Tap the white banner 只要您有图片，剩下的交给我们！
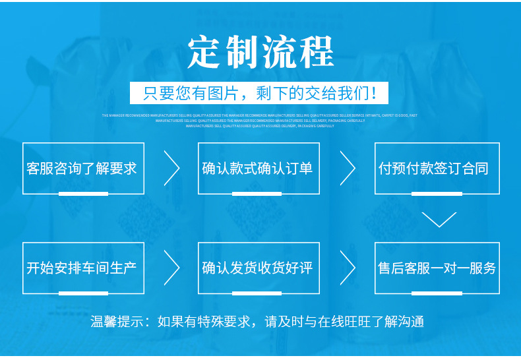260,92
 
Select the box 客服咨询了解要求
82,168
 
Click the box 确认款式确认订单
258,168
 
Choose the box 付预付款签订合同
436,168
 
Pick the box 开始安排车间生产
82,268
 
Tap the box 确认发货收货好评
258,268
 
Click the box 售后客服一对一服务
436,268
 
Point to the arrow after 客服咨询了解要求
172,168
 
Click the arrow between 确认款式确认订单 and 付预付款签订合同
348,168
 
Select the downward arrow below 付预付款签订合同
439,219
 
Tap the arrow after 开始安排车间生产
172,268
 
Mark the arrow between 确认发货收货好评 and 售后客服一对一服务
348,268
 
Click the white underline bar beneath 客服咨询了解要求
83,194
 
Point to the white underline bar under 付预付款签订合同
436,194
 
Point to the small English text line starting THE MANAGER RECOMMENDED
259,115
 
